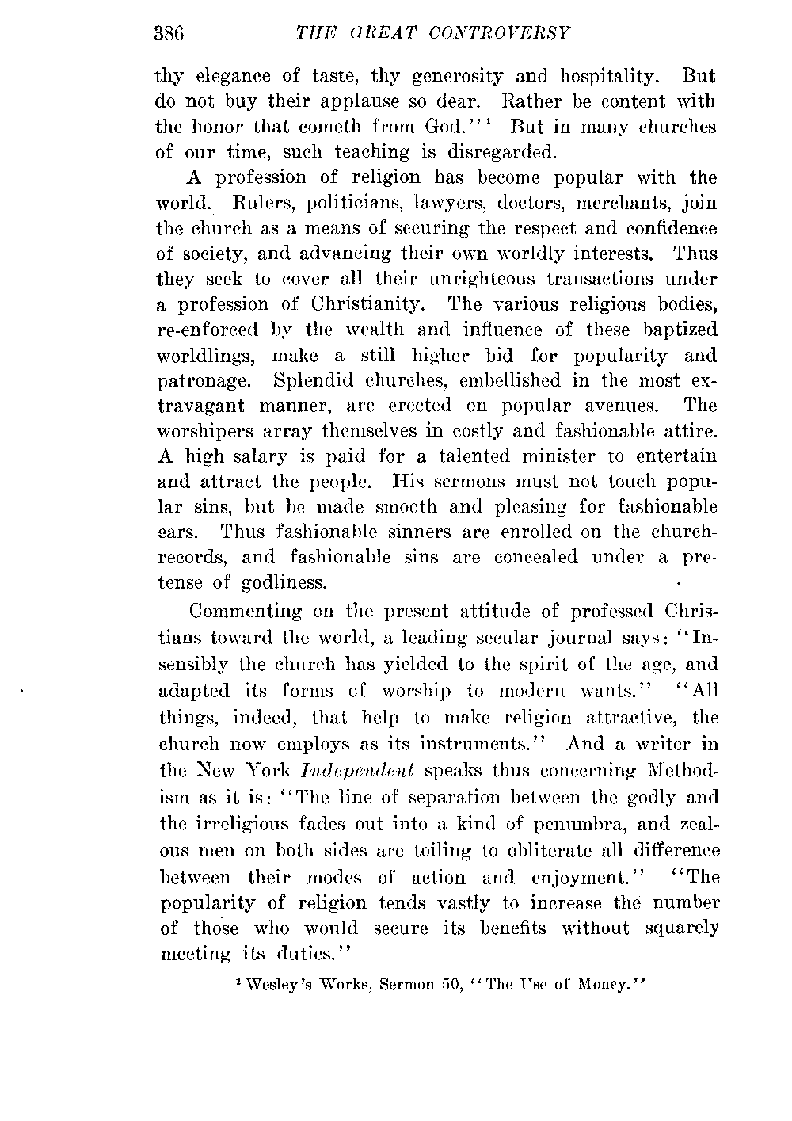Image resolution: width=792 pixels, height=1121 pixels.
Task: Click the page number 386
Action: [169, 34]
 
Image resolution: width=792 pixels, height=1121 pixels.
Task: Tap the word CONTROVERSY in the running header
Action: [503, 34]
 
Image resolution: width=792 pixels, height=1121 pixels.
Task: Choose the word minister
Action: [564, 457]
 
